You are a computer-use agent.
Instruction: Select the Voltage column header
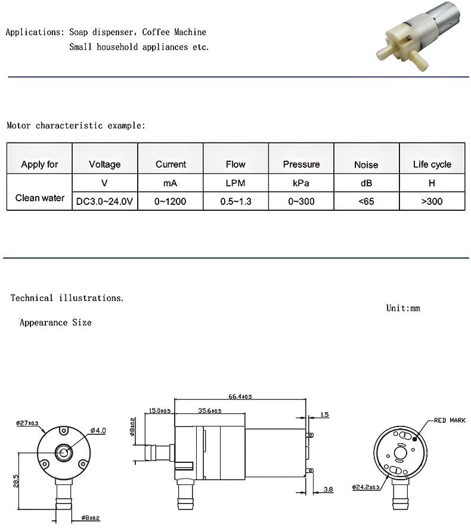[x=104, y=164]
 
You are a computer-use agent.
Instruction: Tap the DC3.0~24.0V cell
[x=104, y=202]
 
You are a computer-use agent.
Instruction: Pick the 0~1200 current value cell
[x=170, y=202]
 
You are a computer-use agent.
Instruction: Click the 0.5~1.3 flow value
[x=235, y=202]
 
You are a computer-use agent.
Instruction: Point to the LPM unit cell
[x=235, y=183]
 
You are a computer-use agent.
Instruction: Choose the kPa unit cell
[x=301, y=183]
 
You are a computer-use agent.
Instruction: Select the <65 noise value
[x=366, y=202]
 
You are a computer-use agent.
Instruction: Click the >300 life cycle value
[x=432, y=202]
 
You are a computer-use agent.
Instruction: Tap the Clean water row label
[x=39, y=198]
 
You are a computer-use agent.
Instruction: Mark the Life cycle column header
[x=432, y=164]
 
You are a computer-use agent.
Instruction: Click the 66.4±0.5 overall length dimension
[x=240, y=396]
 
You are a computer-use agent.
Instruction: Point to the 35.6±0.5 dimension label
[x=209, y=411]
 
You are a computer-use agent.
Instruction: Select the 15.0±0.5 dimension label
[x=159, y=411]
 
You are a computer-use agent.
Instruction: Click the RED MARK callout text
[x=449, y=420]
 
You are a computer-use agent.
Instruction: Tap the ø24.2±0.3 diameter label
[x=367, y=488]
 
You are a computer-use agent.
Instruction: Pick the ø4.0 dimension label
[x=98, y=431]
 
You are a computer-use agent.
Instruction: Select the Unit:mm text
[x=403, y=308]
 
